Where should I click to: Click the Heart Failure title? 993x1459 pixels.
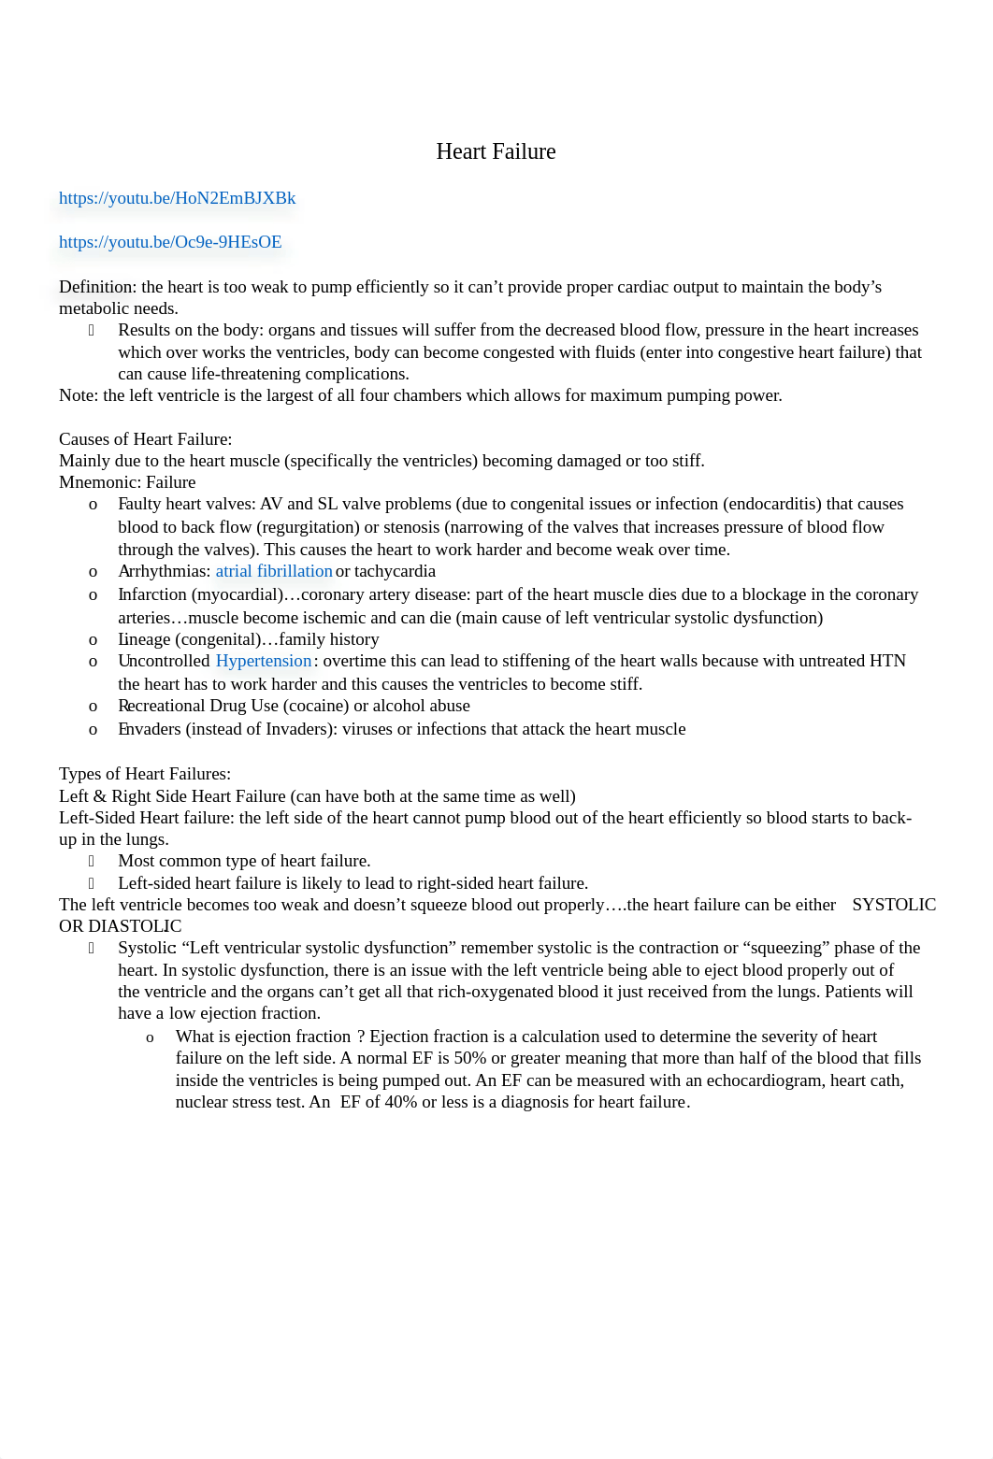tap(496, 151)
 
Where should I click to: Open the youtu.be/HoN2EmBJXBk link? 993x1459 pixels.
tap(177, 198)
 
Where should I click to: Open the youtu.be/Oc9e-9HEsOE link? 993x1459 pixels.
tap(170, 242)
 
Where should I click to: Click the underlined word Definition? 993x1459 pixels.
tap(96, 287)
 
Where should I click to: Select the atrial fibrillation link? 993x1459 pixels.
tap(274, 571)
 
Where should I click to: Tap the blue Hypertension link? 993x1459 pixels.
tap(264, 661)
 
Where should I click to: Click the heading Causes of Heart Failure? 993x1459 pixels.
tap(145, 439)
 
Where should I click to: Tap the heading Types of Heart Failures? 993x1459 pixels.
tap(144, 774)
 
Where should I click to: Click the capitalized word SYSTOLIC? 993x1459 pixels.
tap(893, 905)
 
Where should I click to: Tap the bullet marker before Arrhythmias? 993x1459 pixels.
tap(93, 572)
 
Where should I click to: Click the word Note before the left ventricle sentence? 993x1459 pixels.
tap(77, 395)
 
